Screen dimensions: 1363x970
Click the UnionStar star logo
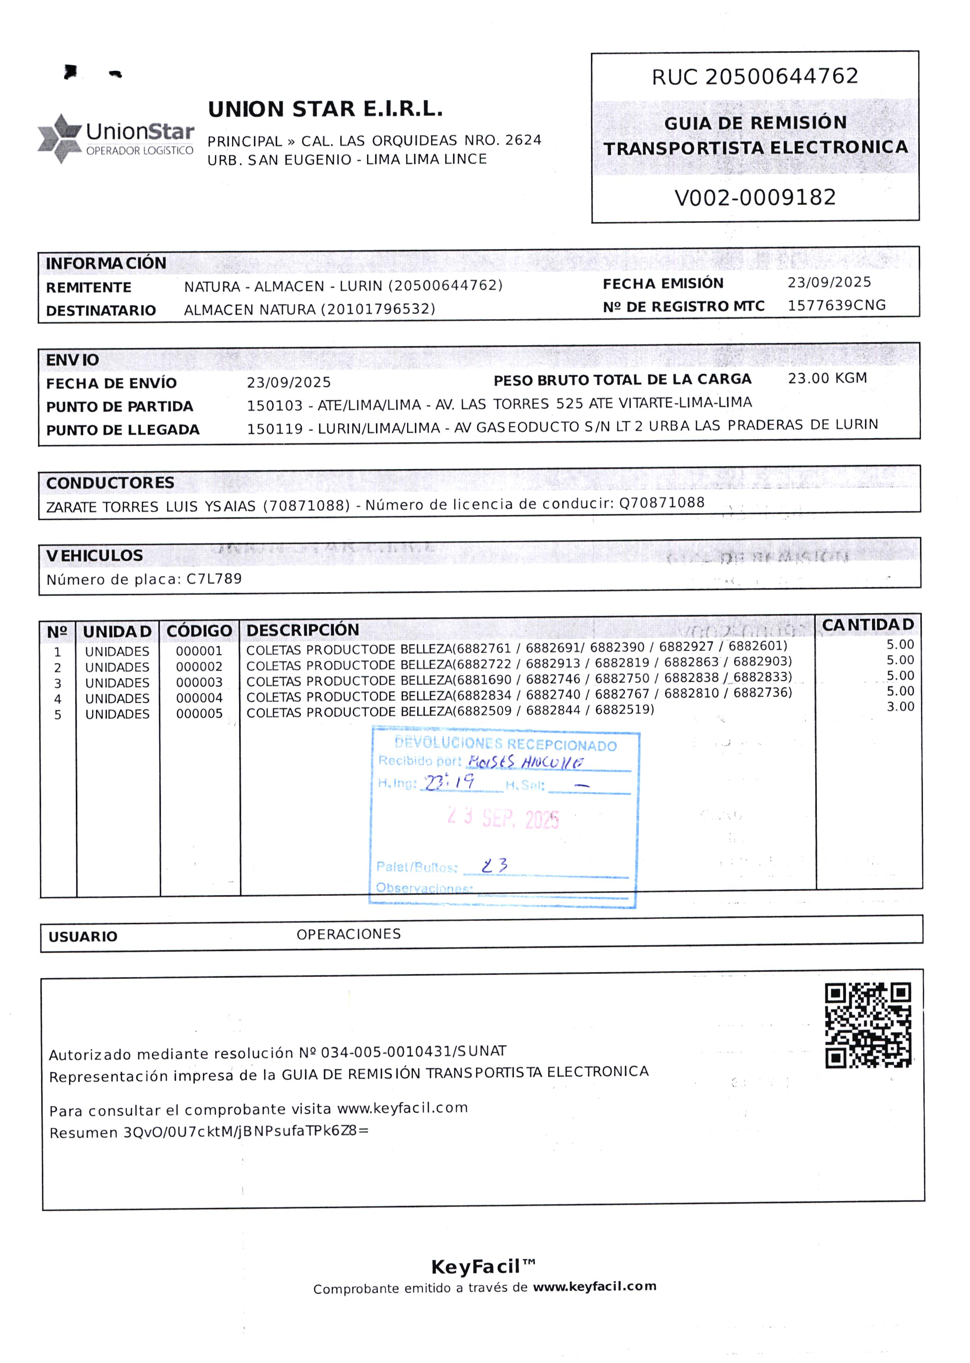pyautogui.click(x=60, y=138)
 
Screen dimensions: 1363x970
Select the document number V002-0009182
pyautogui.click(x=755, y=197)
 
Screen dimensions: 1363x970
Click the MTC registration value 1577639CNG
pyautogui.click(x=836, y=305)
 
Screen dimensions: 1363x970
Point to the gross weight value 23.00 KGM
pyautogui.click(x=827, y=378)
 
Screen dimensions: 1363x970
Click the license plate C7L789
pyautogui.click(x=214, y=579)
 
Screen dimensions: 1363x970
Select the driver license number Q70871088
pyautogui.click(x=662, y=502)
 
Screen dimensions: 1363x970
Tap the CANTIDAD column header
pyautogui.click(x=868, y=625)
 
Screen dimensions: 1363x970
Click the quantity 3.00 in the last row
pyautogui.click(x=900, y=707)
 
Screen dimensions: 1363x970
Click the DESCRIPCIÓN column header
pyautogui.click(x=303, y=630)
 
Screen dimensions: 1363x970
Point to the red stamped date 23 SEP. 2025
pyautogui.click(x=503, y=818)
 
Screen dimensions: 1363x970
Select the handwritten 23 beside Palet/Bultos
pyautogui.click(x=495, y=866)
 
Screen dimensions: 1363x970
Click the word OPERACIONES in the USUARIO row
pyautogui.click(x=348, y=934)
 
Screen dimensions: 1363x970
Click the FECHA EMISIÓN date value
pyautogui.click(x=829, y=282)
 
